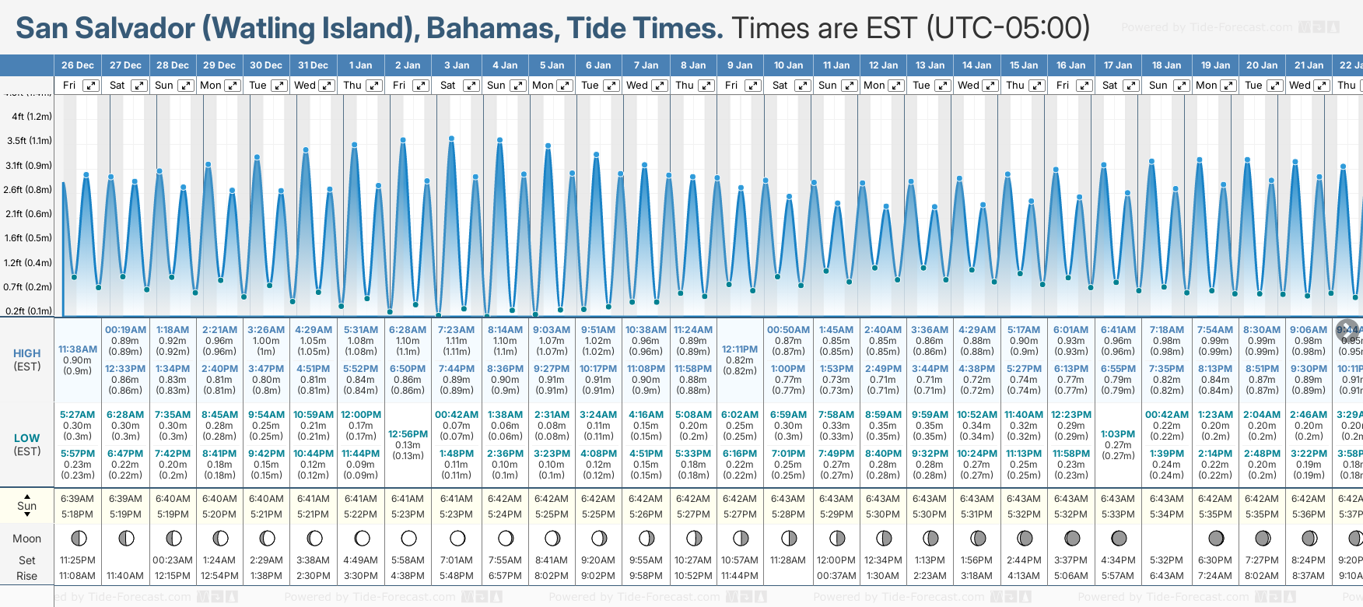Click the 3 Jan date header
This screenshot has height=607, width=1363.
tap(457, 65)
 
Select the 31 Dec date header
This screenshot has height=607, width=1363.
tap(313, 65)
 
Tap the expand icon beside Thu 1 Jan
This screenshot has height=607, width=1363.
tap(374, 86)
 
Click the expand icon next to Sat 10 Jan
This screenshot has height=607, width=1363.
tap(802, 86)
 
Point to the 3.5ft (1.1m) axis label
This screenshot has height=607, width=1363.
tap(29, 141)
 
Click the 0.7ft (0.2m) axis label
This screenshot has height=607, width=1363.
tap(29, 286)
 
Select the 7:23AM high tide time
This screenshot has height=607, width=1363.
tap(456, 330)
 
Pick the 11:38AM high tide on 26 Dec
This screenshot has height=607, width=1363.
tap(78, 349)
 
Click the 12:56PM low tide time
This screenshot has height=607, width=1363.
tap(408, 434)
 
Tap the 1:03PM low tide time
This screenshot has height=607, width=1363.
tap(1118, 434)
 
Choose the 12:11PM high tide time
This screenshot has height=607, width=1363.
tap(739, 349)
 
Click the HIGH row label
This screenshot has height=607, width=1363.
tap(27, 353)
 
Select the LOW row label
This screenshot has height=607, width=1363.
tap(27, 438)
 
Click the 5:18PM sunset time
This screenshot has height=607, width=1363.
tap(78, 514)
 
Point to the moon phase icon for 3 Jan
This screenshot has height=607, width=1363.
tap(457, 538)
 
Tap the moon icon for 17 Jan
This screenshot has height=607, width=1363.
tap(1119, 538)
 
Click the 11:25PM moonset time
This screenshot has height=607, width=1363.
tap(78, 560)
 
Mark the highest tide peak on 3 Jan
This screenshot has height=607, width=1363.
tap(451, 139)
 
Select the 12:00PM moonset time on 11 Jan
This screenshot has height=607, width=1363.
tap(836, 560)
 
